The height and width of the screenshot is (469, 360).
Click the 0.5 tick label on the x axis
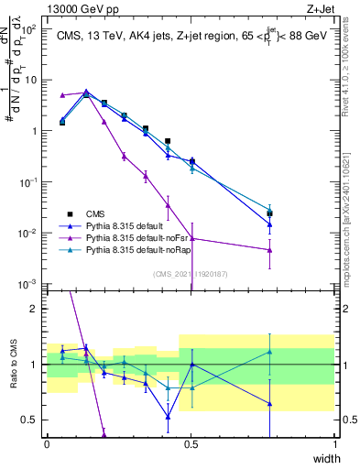coord(191,444)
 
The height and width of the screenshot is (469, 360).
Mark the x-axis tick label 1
coord(335,444)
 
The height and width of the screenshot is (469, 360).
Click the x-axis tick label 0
coord(47,444)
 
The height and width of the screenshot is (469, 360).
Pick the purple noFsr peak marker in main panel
coord(85,92)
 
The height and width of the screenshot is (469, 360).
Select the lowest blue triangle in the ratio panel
coord(169,417)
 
